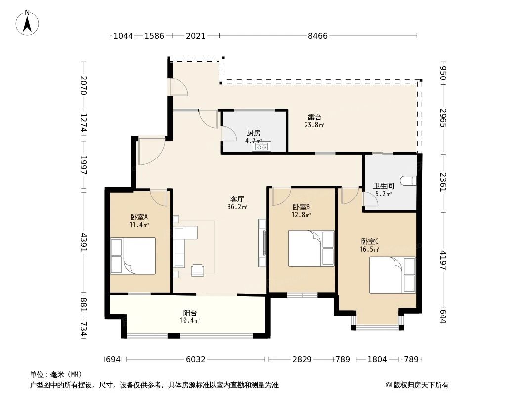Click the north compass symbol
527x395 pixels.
coord(28,22)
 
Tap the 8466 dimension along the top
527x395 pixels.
coord(317,36)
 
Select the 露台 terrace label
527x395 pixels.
coord(314,118)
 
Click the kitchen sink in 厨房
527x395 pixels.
coord(262,146)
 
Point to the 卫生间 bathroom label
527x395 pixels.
coord(383,186)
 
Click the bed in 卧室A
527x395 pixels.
coord(133,256)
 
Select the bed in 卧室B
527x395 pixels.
coord(311,248)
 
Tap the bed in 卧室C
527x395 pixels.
coord(393,275)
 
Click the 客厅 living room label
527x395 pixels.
coord(236,199)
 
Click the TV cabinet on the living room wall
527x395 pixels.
coord(262,243)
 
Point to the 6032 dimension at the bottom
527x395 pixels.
coord(195,359)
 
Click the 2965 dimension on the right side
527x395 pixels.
coord(443,118)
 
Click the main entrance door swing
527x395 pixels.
coord(151,151)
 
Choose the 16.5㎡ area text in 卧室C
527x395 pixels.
coord(369,250)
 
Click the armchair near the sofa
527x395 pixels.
coord(198,270)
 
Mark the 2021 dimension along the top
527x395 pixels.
coord(196,36)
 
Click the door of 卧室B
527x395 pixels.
coord(279,196)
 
